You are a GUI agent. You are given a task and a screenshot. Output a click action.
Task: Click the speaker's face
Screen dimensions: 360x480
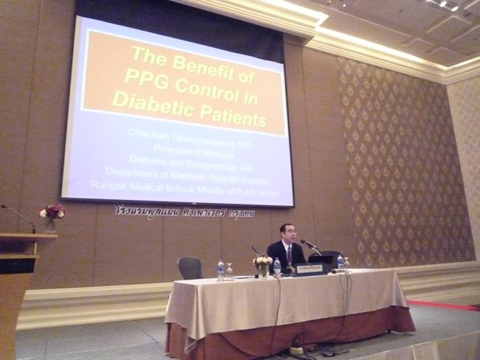click(x=287, y=234)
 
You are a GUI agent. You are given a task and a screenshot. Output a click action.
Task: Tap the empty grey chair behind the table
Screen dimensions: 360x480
click(x=190, y=268)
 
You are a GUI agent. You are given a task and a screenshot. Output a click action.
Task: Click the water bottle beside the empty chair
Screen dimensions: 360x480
click(x=220, y=269)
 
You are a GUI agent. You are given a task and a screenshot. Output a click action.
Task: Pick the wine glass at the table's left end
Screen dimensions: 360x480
click(x=230, y=271)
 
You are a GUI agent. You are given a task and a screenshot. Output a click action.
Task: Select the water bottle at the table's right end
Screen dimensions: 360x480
click(x=340, y=261)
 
